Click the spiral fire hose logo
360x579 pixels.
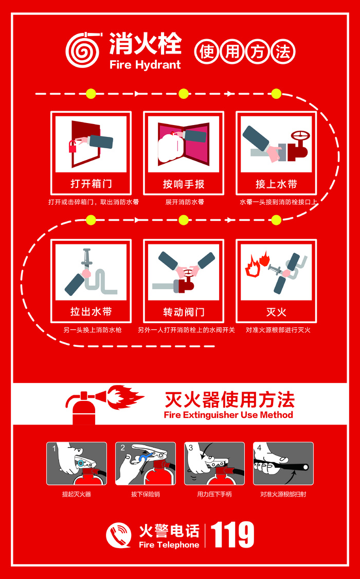pos(83,51)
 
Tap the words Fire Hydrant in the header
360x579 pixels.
pos(146,65)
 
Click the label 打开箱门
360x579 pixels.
pos(91,184)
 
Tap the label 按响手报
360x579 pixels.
pos(184,184)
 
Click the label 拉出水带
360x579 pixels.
pos(91,312)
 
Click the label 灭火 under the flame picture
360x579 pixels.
pos(276,312)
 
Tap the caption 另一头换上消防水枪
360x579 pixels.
pos(93,330)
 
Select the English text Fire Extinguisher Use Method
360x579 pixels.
pos(229,414)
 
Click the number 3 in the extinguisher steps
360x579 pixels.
pos(191,448)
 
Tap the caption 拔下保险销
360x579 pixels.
pos(146,494)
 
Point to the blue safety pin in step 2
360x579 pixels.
pos(144,457)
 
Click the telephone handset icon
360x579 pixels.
pos(118,535)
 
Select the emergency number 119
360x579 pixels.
pos(233,534)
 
